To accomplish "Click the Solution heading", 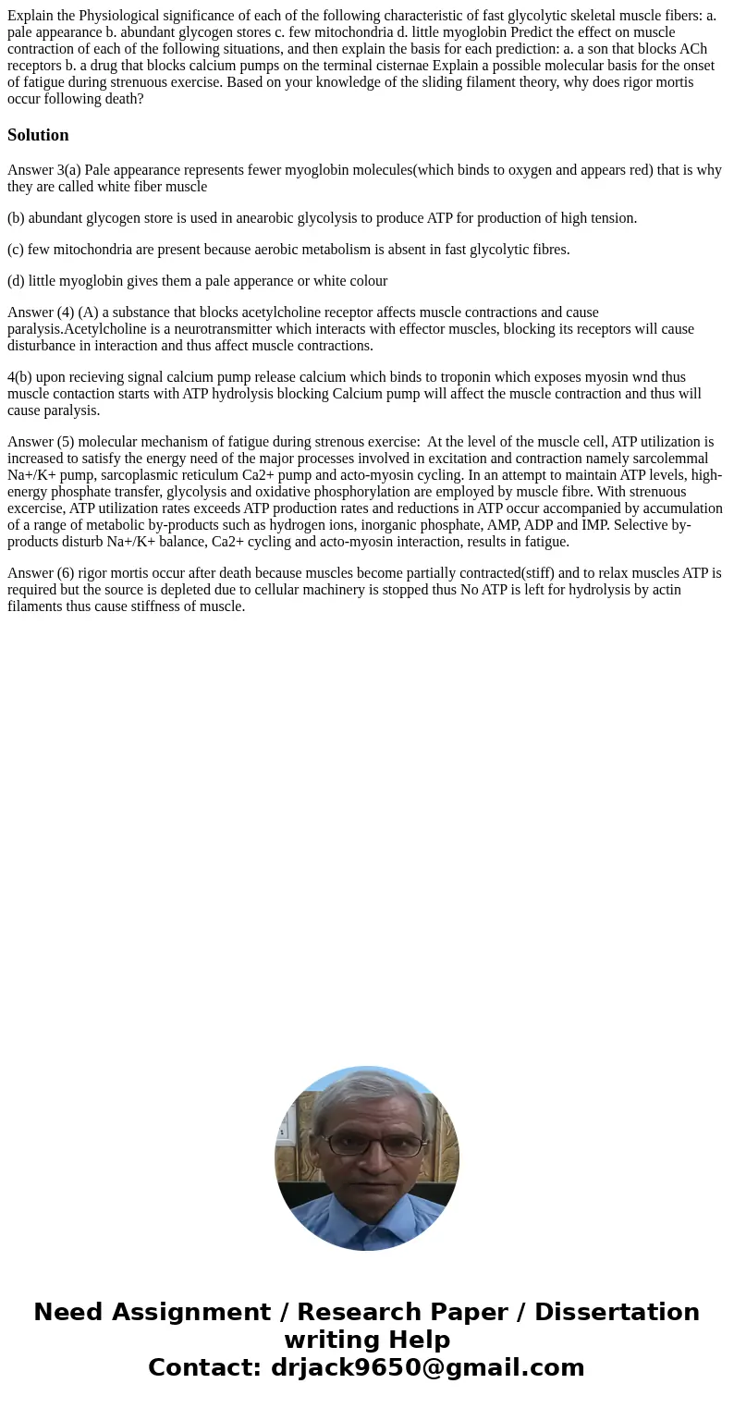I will click(x=38, y=135).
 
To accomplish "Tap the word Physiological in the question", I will click(x=118, y=16).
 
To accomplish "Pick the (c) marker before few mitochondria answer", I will click(x=16, y=250).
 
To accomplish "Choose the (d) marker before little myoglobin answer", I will click(x=16, y=281).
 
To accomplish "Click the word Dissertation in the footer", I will click(x=617, y=1313).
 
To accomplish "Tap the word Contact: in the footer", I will click(x=205, y=1367).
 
